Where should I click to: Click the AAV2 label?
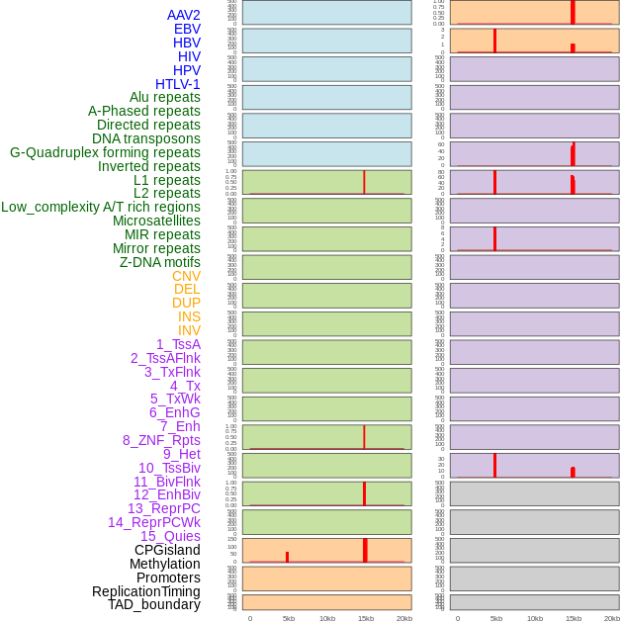184,15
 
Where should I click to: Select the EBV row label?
187,29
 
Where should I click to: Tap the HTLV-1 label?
178,84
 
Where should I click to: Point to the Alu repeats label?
165,97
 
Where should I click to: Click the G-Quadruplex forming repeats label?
105,152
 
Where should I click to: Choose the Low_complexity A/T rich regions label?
101,207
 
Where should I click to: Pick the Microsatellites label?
156,221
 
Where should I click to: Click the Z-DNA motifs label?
160,262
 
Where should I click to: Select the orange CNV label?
186,276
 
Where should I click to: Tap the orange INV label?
189,330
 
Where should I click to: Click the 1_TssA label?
178,344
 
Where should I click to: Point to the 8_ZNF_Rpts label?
161,440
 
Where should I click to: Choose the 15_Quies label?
170,536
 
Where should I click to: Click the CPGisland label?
167,550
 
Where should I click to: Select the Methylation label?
165,564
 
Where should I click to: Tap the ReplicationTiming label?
146,591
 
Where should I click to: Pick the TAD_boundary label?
154,604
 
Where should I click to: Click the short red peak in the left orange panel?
287,557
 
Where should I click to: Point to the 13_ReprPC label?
164,508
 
